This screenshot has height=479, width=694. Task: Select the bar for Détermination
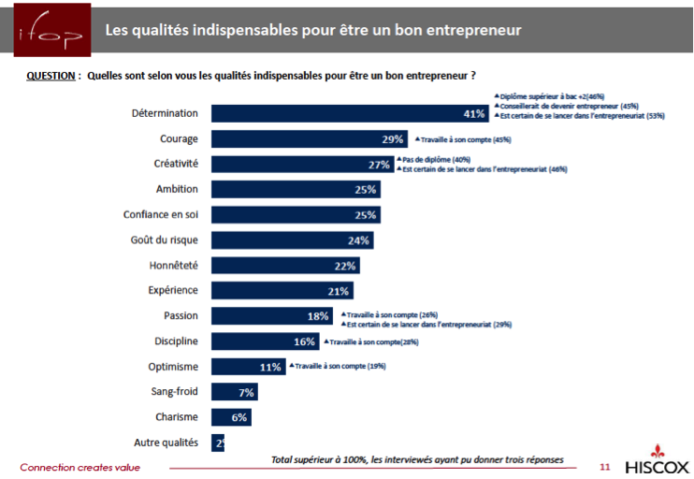click(351, 113)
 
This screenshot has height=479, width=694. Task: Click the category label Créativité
click(176, 164)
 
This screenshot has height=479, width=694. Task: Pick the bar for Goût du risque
click(292, 239)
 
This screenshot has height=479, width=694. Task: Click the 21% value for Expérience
click(339, 291)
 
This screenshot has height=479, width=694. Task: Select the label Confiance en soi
click(162, 214)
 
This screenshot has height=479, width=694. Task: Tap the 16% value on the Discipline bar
click(303, 341)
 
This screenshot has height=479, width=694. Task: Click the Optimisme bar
click(248, 367)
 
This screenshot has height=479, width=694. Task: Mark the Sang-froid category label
click(174, 391)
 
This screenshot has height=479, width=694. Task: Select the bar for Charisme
click(231, 417)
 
